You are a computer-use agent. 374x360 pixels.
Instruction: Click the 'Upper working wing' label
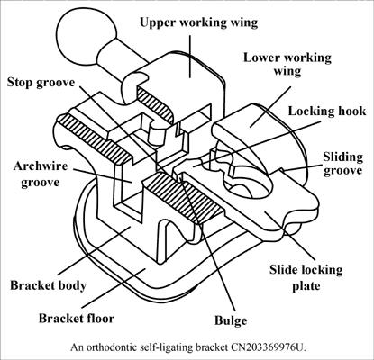point(198,22)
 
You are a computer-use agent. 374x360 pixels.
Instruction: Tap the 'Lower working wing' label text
point(287,65)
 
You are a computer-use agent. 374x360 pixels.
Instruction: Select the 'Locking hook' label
point(327,112)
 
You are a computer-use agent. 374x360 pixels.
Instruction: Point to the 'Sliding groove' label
point(342,164)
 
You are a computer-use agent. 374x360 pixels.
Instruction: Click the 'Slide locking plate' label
point(306,277)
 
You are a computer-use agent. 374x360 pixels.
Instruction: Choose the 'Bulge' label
point(231,320)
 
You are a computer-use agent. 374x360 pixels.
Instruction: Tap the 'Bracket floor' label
point(77,319)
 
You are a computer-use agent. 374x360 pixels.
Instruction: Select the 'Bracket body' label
point(48,285)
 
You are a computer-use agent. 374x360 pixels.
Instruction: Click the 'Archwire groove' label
point(41,175)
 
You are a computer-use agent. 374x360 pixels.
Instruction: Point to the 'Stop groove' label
point(41,83)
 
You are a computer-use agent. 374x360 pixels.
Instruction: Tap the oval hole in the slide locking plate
point(247,175)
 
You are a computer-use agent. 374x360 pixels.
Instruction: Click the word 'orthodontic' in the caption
point(112,347)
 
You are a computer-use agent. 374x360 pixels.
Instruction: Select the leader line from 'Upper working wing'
point(190,57)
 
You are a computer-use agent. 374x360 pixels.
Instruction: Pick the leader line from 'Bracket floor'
point(114,288)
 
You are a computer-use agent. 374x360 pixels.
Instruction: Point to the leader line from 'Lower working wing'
point(270,107)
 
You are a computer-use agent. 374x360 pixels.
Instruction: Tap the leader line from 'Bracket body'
point(94,251)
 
